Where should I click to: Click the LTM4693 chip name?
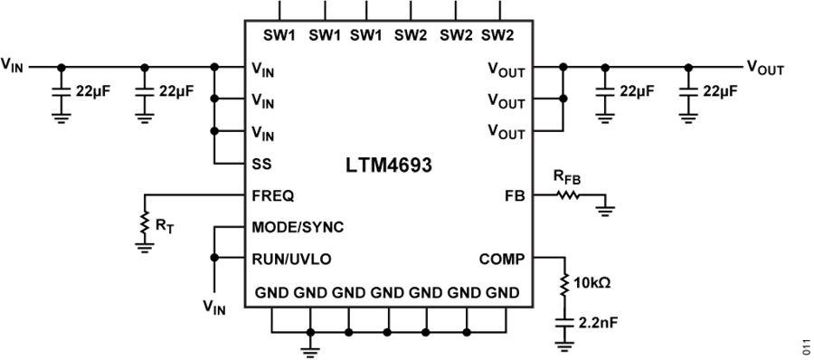tap(389, 166)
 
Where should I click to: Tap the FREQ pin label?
tap(271, 194)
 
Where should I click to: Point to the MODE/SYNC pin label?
tap(297, 225)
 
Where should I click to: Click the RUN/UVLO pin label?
tap(291, 258)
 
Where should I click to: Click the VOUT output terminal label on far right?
tap(764, 66)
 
